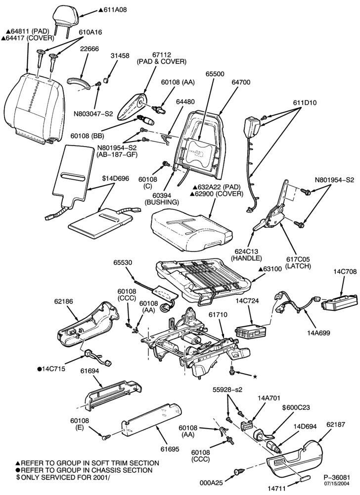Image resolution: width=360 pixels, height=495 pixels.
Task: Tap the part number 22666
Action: [89, 49]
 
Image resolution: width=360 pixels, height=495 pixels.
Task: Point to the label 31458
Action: [120, 55]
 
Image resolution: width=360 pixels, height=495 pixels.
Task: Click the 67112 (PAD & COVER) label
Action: [161, 58]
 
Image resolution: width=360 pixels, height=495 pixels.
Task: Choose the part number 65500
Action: [215, 74]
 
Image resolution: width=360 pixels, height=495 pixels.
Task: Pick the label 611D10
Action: [305, 102]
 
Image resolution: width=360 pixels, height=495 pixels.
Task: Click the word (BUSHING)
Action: [162, 202]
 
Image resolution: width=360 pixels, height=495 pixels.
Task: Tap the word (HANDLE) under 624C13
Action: [247, 258]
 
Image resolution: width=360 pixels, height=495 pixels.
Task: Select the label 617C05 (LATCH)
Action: [298, 262]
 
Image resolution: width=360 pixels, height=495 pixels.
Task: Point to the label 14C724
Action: [247, 301]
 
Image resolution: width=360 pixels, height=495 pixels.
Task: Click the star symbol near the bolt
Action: [255, 377]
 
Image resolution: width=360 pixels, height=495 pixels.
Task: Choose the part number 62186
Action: [63, 301]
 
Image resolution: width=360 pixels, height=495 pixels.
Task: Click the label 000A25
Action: [211, 483]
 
